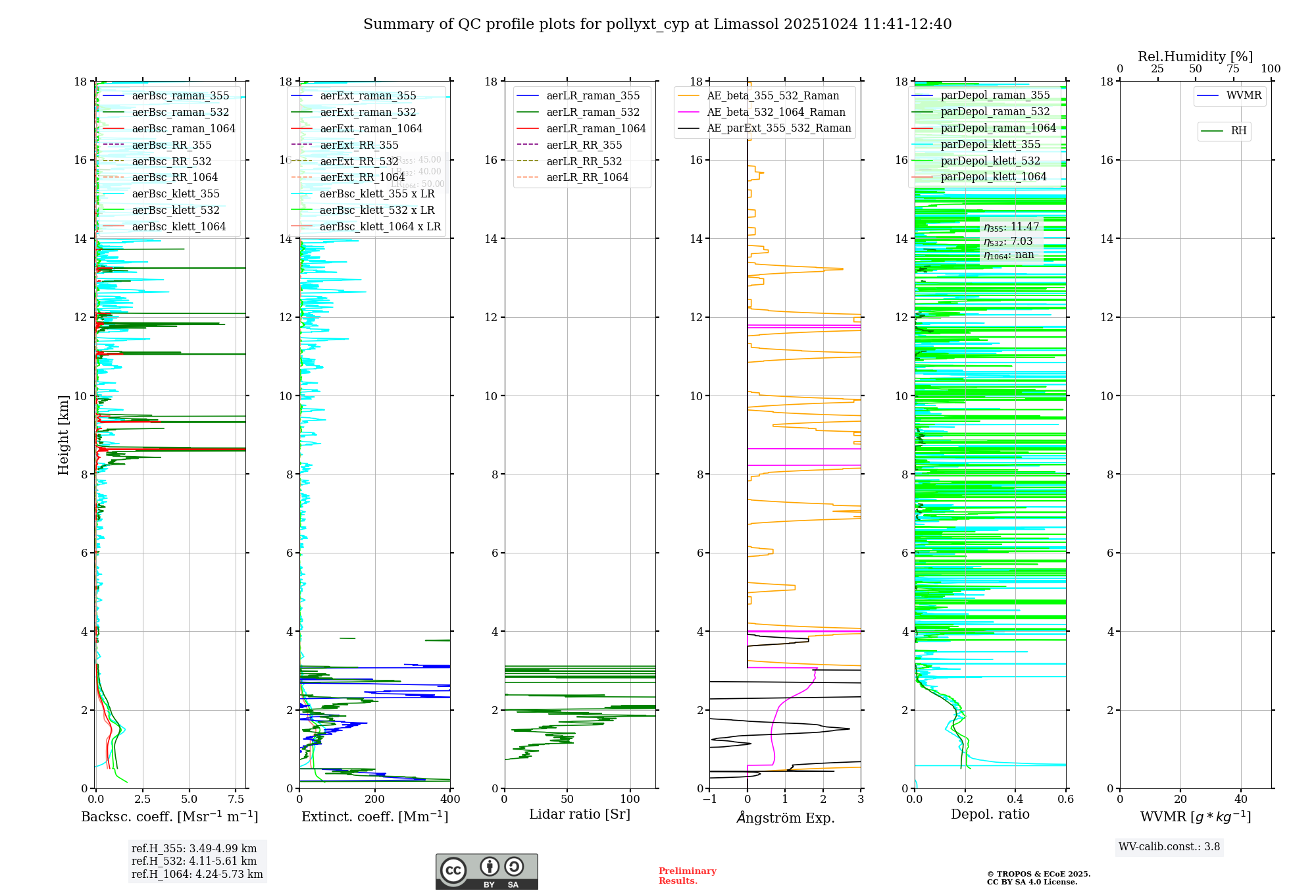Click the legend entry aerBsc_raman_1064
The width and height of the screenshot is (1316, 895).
click(x=183, y=129)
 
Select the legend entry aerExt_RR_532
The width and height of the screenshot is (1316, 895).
click(x=359, y=161)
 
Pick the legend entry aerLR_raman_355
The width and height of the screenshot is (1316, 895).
click(x=592, y=96)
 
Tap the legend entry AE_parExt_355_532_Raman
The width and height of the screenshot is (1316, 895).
click(x=778, y=128)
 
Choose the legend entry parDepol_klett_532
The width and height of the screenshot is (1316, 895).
click(x=990, y=161)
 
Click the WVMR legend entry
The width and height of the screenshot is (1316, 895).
click(x=1243, y=96)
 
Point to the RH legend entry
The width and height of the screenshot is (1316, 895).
click(x=1238, y=132)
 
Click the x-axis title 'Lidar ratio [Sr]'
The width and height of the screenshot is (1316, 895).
click(x=579, y=815)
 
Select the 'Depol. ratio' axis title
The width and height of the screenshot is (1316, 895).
click(x=990, y=815)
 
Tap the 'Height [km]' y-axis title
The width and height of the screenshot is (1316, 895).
click(x=63, y=435)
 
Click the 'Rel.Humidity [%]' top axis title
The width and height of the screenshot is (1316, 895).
click(x=1195, y=57)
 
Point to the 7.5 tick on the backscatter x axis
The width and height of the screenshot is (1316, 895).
click(x=236, y=800)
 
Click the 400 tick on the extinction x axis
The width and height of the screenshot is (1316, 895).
click(x=450, y=800)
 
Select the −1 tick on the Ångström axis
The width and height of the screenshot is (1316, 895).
click(x=709, y=800)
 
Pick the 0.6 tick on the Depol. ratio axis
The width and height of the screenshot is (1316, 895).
click(x=1065, y=800)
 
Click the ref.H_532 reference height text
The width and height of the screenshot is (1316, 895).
click(x=193, y=861)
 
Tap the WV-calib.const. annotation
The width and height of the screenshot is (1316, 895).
click(x=1169, y=847)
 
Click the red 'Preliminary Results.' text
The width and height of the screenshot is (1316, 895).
click(x=687, y=876)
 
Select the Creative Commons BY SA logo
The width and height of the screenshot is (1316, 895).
click(x=486, y=872)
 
